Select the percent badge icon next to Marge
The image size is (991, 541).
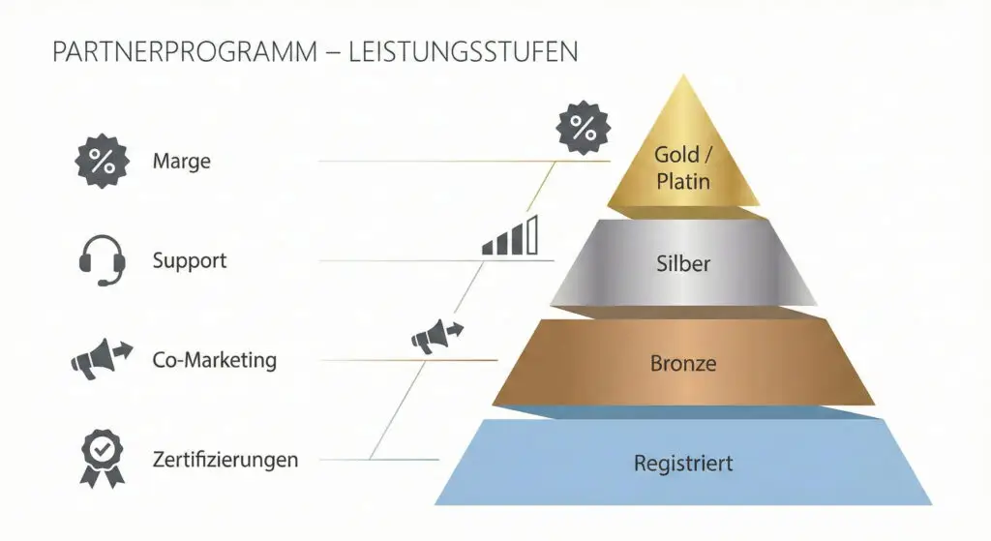(102, 162)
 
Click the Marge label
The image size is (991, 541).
(181, 162)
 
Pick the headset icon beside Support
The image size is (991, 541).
(102, 260)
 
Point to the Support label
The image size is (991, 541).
(190, 260)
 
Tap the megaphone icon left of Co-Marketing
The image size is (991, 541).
(102, 360)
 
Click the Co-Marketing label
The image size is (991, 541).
(215, 360)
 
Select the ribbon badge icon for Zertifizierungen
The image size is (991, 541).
(102, 458)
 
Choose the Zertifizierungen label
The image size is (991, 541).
(225, 459)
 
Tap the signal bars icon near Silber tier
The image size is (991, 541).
(510, 236)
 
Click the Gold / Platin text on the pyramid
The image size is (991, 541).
(683, 167)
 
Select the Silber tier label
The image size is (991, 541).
(683, 263)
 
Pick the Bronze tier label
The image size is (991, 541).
(683, 364)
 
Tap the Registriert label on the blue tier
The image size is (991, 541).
(683, 463)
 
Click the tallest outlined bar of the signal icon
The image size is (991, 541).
(531, 234)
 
